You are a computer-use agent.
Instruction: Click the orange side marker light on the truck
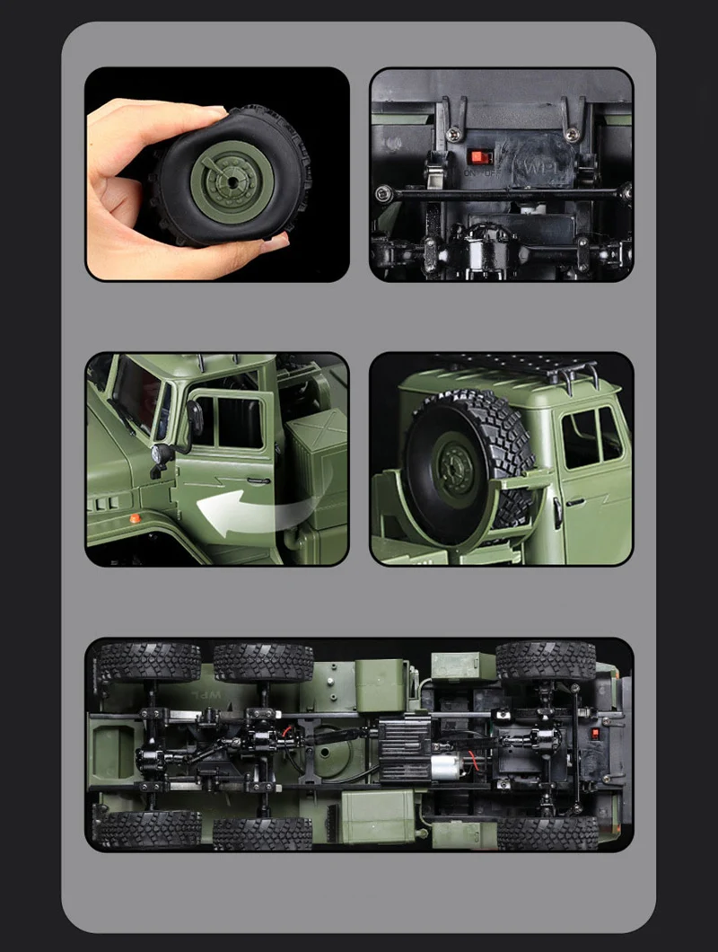click(135, 519)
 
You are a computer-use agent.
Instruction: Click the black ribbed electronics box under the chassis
click(406, 736)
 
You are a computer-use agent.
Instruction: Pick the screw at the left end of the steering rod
click(384, 192)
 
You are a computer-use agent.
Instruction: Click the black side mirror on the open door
click(192, 419)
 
